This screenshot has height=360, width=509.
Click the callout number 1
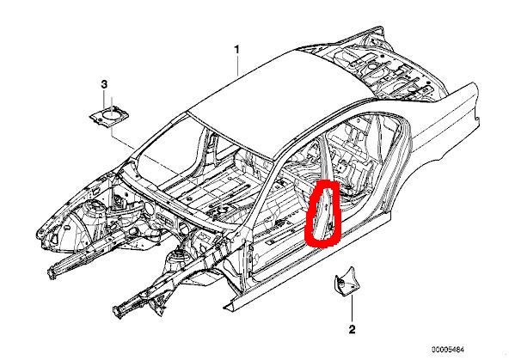[237, 50]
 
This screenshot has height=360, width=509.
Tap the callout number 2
[352, 330]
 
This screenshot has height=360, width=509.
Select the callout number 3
[104, 85]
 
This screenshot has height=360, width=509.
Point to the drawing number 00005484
[448, 350]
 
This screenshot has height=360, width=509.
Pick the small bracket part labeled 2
[345, 281]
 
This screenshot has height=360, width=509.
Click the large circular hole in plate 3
[112, 114]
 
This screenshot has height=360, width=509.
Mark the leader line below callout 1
[238, 65]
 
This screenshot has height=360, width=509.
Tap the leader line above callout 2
[352, 307]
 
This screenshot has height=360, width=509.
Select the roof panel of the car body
[279, 94]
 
